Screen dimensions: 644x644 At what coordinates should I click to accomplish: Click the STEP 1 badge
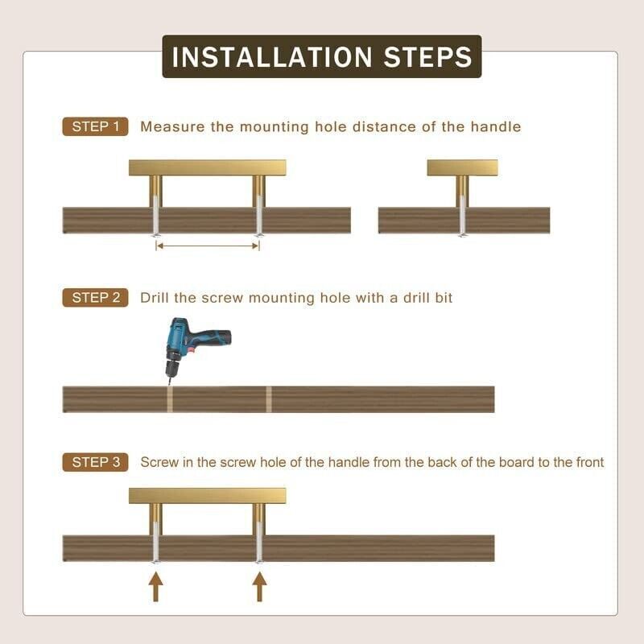(95, 126)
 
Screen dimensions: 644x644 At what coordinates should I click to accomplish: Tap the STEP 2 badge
(95, 297)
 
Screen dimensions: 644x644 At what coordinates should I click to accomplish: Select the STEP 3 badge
(95, 462)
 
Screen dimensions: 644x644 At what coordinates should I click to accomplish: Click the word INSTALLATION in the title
(272, 56)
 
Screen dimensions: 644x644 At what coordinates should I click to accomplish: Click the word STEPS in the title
(428, 56)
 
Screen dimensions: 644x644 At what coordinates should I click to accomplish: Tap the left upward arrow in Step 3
(155, 588)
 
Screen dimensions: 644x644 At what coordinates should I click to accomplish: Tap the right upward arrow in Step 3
(259, 588)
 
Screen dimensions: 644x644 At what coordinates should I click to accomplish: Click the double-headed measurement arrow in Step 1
(208, 246)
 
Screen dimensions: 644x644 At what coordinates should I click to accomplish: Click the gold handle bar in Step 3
(208, 496)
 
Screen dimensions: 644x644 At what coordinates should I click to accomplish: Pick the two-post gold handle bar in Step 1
(208, 167)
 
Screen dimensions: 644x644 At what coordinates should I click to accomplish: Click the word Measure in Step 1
(172, 126)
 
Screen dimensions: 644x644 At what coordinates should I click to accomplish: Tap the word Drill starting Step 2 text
(155, 297)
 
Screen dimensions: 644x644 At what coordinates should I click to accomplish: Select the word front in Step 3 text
(590, 462)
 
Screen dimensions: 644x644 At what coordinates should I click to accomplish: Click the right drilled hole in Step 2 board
(269, 399)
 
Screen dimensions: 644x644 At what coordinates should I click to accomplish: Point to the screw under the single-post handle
(462, 216)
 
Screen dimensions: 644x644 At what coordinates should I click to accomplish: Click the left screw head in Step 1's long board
(155, 235)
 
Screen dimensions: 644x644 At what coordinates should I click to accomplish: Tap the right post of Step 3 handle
(258, 519)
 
